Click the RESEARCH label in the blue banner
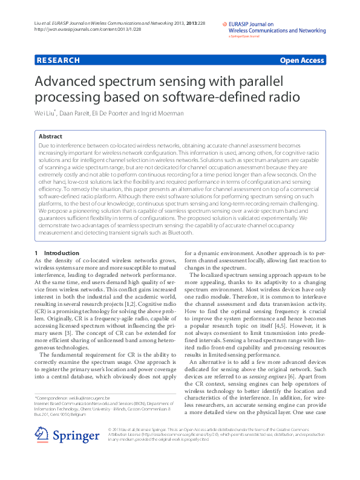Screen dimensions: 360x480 58,60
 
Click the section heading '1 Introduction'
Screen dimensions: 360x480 57,253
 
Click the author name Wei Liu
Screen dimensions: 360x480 45,113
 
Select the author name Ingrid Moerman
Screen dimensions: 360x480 168,113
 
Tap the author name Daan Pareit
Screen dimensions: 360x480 76,113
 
